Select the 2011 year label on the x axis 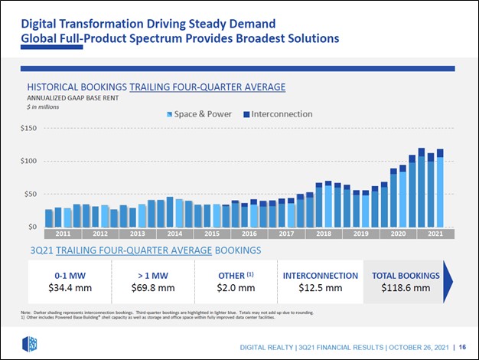tap(63, 233)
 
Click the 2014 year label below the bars tap(174, 233)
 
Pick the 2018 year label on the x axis tap(324, 233)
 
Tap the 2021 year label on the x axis tap(435, 233)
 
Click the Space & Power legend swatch tap(169, 114)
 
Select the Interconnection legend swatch tap(246, 114)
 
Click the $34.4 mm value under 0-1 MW tap(70, 289)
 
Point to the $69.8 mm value tap(153, 289)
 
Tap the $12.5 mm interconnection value tap(320, 289)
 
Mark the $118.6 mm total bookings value tap(406, 289)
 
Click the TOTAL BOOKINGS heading tap(406, 275)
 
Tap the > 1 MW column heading tap(153, 275)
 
